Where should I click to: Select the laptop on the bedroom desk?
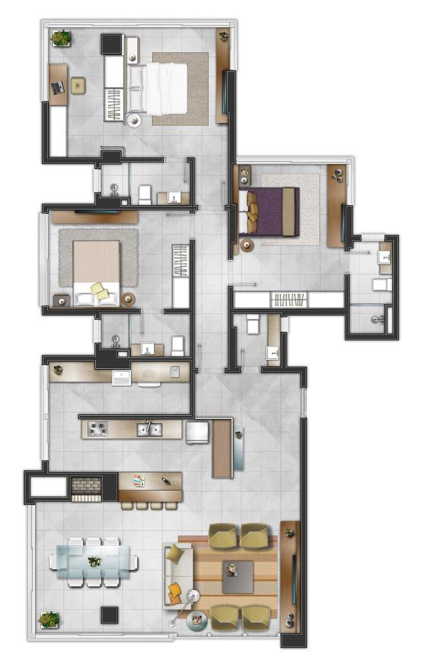(x=57, y=87)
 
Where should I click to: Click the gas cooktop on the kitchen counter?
(x=98, y=429)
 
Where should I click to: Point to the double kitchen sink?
(x=148, y=429)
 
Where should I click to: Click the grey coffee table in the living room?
(x=238, y=577)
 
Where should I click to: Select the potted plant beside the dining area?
(x=49, y=620)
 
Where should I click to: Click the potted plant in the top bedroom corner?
(x=61, y=38)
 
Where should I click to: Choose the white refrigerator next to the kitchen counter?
(x=197, y=432)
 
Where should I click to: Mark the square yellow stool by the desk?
(x=78, y=85)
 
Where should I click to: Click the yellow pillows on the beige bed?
(x=100, y=291)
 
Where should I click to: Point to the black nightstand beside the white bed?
(x=111, y=43)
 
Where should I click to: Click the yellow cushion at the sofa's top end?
(x=175, y=554)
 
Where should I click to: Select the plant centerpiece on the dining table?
(x=95, y=561)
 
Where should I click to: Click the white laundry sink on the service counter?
(x=122, y=377)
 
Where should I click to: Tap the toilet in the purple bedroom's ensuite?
(x=379, y=284)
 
